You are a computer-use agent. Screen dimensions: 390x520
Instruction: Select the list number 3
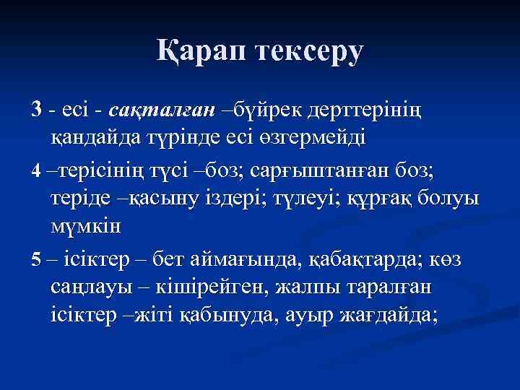pos(37,110)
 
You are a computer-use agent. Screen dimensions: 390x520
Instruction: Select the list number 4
pos(37,172)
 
